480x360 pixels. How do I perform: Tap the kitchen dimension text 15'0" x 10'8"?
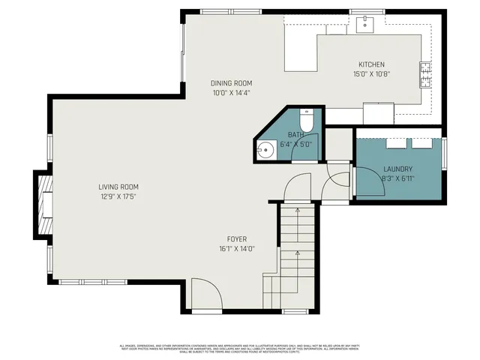373,74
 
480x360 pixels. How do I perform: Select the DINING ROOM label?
231,83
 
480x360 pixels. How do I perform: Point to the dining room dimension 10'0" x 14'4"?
231,93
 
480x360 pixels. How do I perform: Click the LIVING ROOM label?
118,187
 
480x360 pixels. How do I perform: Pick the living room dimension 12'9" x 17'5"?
118,196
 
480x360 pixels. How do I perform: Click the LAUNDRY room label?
398,169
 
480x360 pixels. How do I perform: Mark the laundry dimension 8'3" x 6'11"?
398,179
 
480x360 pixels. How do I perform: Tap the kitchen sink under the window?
365,24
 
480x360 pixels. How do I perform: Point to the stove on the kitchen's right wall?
425,73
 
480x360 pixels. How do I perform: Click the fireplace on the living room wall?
43,203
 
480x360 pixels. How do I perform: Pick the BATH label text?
297,135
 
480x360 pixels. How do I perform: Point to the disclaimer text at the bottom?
240,349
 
